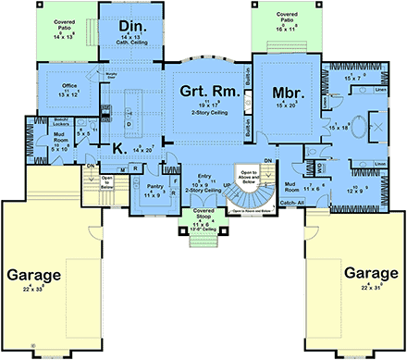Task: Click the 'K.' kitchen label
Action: [x=117, y=146]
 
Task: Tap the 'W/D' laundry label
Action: [x=319, y=167]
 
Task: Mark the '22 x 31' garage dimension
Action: [x=370, y=290]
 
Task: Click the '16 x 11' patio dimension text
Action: [x=279, y=29]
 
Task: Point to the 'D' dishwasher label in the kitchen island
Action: [x=128, y=123]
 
